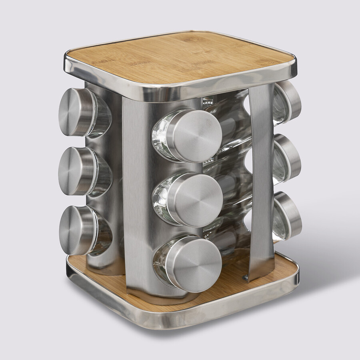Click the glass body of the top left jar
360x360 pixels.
click(x=102, y=116)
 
